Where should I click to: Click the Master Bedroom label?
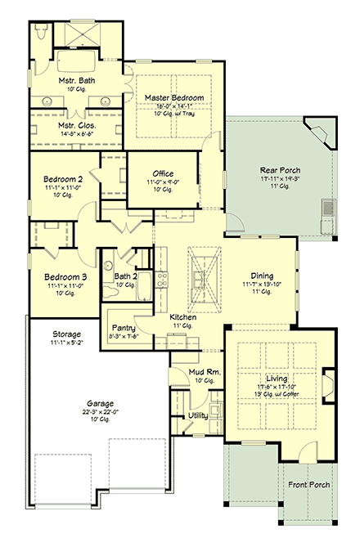[x=174, y=97]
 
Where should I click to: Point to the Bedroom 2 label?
[x=62, y=178]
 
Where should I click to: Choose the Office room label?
[x=162, y=173]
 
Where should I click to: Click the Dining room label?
[x=262, y=276]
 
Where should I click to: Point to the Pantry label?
[x=124, y=325]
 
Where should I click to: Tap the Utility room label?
[x=198, y=415]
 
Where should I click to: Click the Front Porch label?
[x=308, y=485]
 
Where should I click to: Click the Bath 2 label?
[x=124, y=276]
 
